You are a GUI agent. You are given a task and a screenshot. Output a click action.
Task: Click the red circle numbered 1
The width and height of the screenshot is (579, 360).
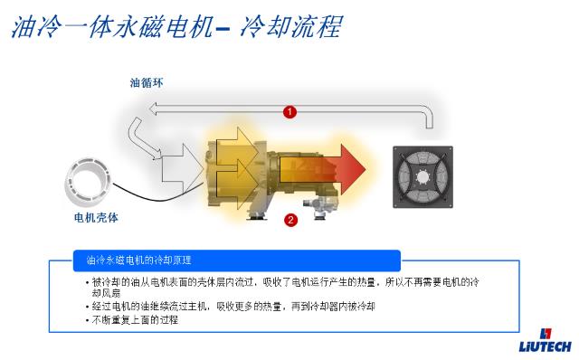[289, 111]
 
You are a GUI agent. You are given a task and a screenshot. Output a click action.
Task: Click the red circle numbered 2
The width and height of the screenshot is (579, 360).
[290, 219]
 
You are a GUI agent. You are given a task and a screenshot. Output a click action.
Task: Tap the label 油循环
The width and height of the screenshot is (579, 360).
[147, 83]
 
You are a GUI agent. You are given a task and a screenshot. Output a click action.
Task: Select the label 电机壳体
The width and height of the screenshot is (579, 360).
[96, 218]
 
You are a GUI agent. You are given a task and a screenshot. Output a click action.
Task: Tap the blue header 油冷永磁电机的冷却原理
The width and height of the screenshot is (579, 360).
[138, 261]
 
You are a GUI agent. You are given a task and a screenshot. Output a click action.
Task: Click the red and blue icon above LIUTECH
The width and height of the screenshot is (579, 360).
[543, 332]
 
